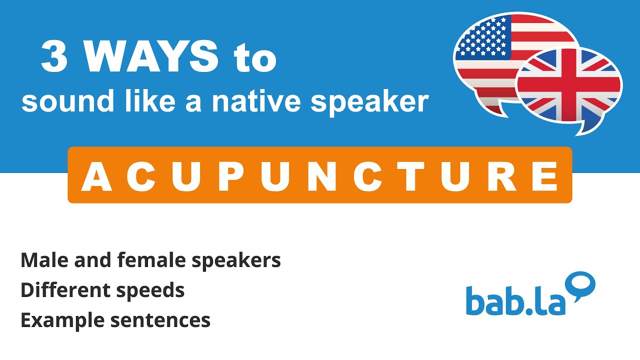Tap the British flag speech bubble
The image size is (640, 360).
570,90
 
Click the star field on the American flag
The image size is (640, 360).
483,37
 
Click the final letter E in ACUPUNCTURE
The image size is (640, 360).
544,176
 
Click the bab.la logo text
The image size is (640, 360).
515,301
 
